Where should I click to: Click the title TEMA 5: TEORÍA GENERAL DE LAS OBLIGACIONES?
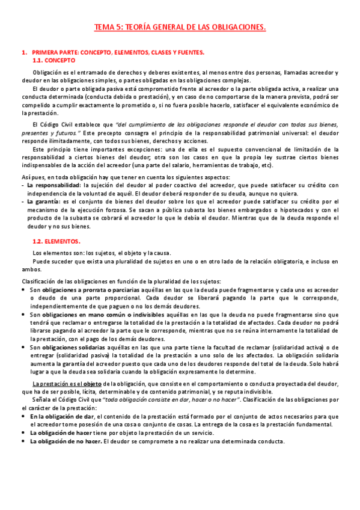[x=180, y=27]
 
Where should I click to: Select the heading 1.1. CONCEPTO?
[x=54, y=61]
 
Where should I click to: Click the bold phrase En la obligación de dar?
[x=63, y=416]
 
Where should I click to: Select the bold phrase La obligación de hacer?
[x=62, y=432]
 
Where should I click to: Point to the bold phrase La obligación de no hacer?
[x=66, y=441]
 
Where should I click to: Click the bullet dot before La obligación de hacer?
[x=23, y=432]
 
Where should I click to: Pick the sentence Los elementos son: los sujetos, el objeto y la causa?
[x=102, y=253]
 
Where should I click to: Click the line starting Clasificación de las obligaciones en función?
[x=121, y=281]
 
